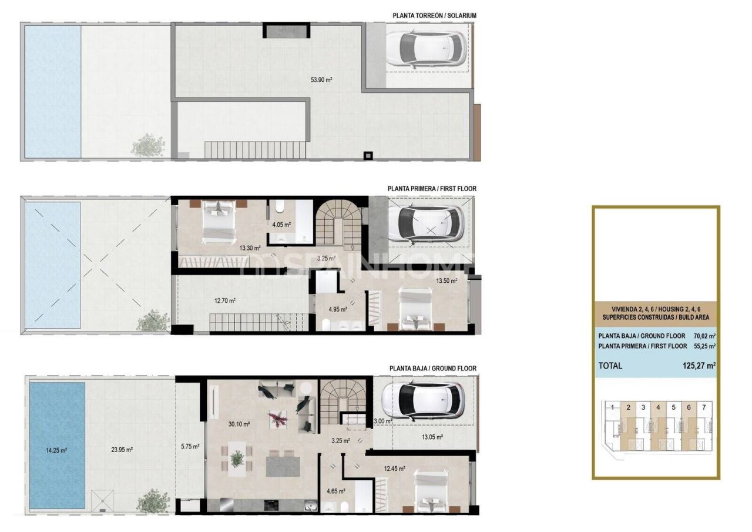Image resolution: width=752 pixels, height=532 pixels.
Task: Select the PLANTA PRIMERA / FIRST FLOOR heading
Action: click(x=432, y=189)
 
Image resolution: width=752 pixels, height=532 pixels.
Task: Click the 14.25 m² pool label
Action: click(x=56, y=450)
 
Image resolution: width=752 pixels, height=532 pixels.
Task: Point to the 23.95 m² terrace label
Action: click(x=122, y=450)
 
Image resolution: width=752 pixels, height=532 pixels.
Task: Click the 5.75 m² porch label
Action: click(x=190, y=446)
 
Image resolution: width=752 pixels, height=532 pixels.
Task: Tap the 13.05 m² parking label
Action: click(x=432, y=437)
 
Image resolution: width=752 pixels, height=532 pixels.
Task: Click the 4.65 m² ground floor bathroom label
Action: click(x=335, y=491)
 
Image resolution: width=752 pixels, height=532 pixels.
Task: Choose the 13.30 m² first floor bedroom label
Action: click(x=250, y=248)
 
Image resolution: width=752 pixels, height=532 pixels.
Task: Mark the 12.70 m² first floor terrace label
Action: click(x=224, y=300)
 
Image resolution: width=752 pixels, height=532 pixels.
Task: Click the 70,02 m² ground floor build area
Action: click(x=703, y=336)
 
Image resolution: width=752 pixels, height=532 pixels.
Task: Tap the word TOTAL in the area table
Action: click(x=610, y=365)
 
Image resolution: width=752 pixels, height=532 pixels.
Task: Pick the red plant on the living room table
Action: click(x=276, y=419)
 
